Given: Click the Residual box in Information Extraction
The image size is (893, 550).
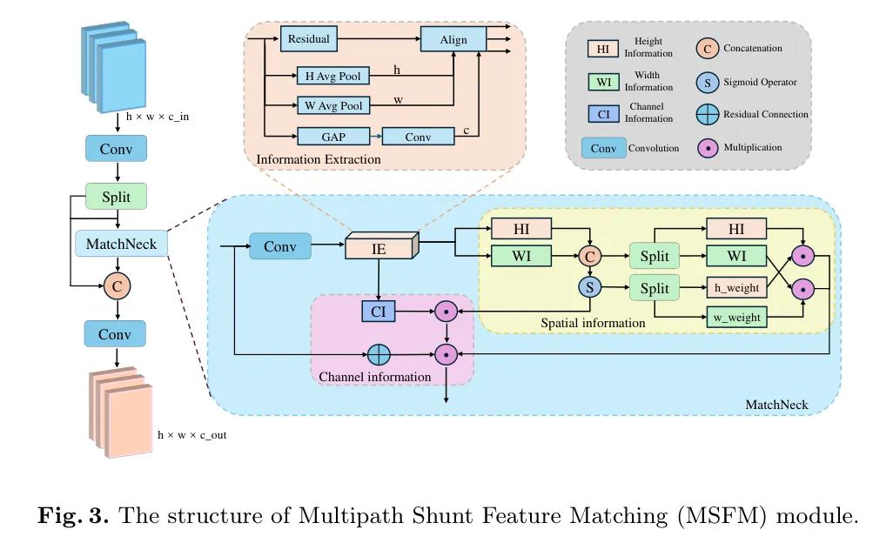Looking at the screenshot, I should click(x=308, y=40).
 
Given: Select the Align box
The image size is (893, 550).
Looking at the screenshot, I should click(x=453, y=40).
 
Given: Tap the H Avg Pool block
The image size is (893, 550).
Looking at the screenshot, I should click(x=332, y=77).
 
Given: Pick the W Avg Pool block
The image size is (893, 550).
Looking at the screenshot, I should click(x=332, y=106).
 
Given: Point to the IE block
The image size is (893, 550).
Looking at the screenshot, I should click(x=380, y=248).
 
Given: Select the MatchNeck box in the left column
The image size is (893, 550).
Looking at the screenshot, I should click(x=121, y=244).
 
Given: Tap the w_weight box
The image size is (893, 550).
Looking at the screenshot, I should click(x=737, y=318).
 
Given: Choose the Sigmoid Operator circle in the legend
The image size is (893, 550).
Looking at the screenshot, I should click(x=708, y=82).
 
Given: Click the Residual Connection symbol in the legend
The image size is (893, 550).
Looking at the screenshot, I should click(x=708, y=114).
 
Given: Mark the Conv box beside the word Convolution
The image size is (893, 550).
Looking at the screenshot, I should click(x=603, y=148).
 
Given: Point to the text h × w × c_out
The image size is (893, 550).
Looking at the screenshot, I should click(x=191, y=434).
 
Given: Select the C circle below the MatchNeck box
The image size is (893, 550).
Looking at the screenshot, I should click(x=117, y=285).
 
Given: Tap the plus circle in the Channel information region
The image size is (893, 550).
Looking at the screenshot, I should click(x=378, y=354).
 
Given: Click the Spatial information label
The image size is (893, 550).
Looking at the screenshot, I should click(x=593, y=323).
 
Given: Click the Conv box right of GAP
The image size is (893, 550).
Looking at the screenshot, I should click(x=418, y=137).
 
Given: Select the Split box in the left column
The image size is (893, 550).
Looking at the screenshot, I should click(x=117, y=197).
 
